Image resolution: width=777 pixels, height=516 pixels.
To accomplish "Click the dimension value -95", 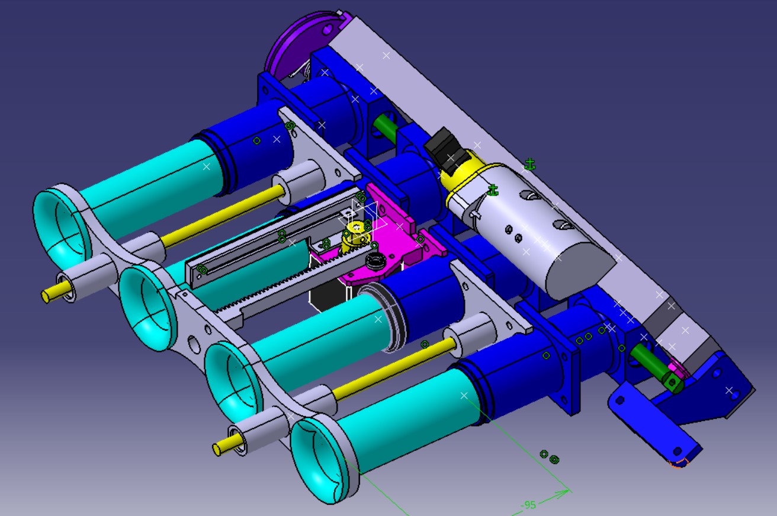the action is [528, 505].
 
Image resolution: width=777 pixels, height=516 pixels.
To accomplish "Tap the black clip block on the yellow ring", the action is [445, 150].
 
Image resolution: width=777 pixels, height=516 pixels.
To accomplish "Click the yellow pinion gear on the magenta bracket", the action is [356, 236].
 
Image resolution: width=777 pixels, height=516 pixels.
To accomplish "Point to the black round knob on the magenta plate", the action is [375, 260].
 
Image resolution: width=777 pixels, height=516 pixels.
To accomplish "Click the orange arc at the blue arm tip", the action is [679, 463].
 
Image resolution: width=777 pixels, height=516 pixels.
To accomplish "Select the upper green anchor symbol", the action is [529, 164].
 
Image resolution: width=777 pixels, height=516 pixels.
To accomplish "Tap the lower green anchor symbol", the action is [493, 190].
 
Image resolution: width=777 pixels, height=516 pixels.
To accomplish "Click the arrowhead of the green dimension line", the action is [564, 493].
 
